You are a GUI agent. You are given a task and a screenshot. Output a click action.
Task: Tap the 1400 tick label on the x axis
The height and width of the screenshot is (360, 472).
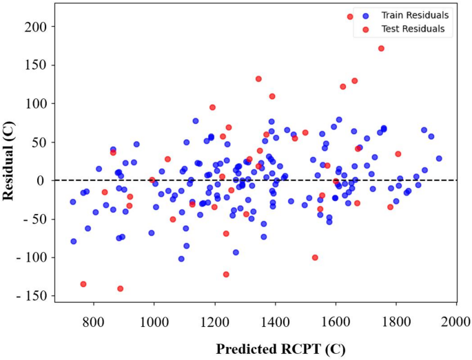[x=275, y=320]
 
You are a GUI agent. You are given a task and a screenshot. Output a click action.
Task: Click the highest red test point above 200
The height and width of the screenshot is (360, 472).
[x=350, y=17]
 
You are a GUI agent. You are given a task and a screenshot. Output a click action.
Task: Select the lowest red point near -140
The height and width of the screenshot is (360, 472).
[x=120, y=288]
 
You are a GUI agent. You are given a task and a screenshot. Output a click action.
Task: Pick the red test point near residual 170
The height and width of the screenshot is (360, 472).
[x=381, y=48]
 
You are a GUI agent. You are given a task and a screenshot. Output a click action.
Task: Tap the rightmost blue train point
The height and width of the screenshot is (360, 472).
[x=439, y=158]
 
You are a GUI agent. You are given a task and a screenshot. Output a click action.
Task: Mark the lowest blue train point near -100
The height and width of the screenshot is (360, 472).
[x=181, y=259]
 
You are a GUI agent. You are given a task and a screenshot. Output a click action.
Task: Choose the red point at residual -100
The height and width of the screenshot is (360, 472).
[x=315, y=257]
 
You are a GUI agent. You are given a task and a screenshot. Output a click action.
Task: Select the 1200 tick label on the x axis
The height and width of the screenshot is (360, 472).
[x=214, y=320]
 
